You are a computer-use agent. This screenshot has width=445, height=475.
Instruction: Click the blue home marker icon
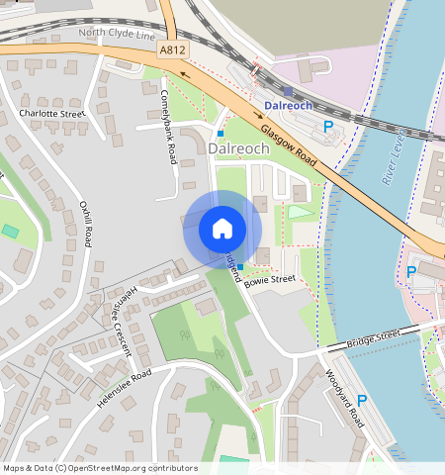pos(222,229)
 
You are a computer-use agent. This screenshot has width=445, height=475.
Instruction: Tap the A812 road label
pos(171,48)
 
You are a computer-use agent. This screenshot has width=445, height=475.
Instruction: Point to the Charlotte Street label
pos(52,114)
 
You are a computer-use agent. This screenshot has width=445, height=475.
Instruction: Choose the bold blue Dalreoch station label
pos(289,105)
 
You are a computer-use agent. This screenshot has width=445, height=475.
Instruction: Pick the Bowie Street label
pos(271,280)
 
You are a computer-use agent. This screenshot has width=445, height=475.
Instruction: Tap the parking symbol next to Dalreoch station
pos(328,126)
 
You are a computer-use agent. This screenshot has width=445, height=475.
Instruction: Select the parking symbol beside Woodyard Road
pos(362,401)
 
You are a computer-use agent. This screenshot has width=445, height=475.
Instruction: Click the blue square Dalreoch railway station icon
pos(288,91)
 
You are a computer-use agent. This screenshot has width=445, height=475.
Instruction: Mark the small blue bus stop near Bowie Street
pos(240,267)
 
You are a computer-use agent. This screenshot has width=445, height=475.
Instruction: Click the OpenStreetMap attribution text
pos(100,468)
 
